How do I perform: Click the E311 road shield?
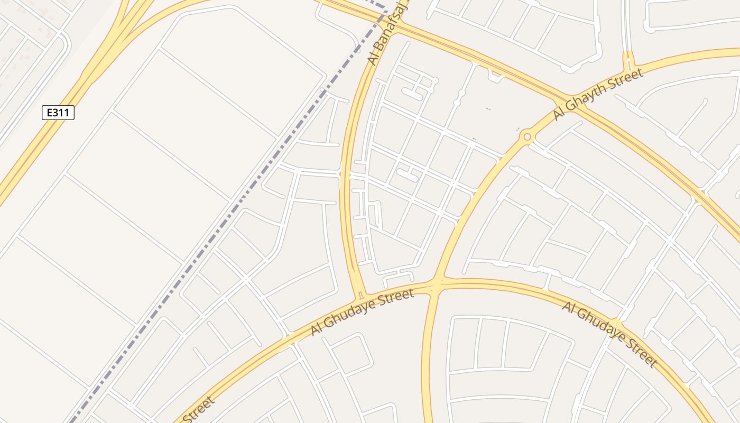pyautogui.click(x=58, y=113)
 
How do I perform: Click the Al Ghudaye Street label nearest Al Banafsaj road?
pyautogui.click(x=362, y=312)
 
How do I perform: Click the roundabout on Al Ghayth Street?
pyautogui.click(x=527, y=137)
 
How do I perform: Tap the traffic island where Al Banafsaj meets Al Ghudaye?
pyautogui.click(x=361, y=294)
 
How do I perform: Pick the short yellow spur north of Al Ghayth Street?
pyautogui.click(x=628, y=59)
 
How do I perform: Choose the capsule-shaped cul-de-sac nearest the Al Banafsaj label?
pyautogui.click(x=412, y=94)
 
